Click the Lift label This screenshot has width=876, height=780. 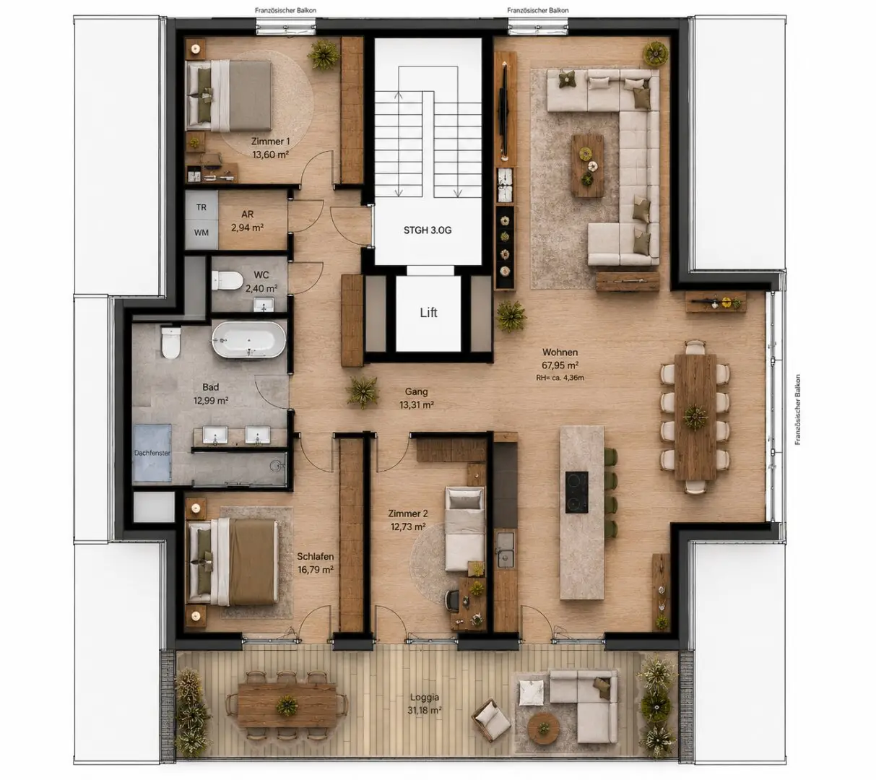[x=428, y=312]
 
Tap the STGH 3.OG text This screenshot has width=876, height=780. [x=428, y=230]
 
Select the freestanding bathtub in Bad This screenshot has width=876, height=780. [x=248, y=339]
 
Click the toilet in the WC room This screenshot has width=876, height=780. [x=227, y=280]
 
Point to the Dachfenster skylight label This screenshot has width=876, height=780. [x=152, y=453]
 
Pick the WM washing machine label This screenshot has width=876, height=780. [x=201, y=233]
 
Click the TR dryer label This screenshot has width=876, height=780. [x=201, y=207]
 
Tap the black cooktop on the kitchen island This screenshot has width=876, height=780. [x=577, y=492]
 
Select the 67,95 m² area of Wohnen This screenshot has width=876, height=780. [x=560, y=365]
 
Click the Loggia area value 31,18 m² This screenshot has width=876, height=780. [x=424, y=710]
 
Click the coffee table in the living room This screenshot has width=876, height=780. [x=587, y=165]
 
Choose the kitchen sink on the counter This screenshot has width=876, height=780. [x=505, y=549]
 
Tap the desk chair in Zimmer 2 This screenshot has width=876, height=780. [x=452, y=601]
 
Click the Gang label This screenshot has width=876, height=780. [x=417, y=391]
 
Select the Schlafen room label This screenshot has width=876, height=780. [x=315, y=556]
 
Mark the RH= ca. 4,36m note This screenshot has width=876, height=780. [x=560, y=378]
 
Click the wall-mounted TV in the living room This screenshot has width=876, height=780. [x=504, y=110]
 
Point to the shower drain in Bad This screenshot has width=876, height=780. [x=275, y=466]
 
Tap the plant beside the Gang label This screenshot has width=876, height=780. [x=362, y=392]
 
